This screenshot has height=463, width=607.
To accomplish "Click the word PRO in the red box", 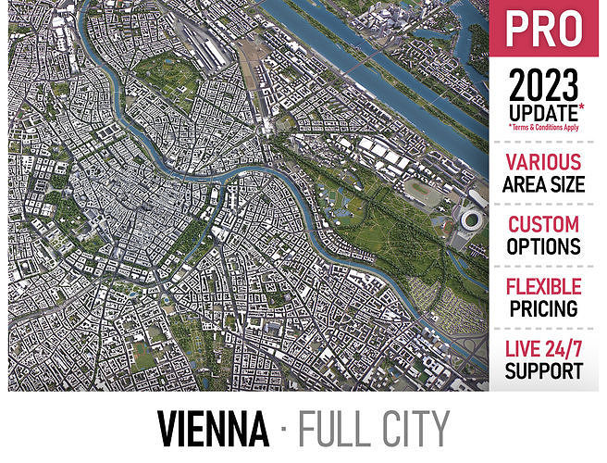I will pos(543,30).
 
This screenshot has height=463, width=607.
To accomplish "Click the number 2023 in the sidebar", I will pos(543,87).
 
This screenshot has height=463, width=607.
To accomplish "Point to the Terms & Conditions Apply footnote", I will pos(546,128).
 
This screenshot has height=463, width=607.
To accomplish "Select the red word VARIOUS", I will pos(543,163).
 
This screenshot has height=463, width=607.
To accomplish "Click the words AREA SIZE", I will pos(543,184).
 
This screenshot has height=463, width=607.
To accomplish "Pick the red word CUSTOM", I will pos(543,225).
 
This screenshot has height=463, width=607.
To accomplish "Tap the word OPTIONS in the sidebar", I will pos(543,247).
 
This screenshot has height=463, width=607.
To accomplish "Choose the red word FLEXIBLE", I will pos(543,287).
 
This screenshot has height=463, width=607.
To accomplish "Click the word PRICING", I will pos(543,308).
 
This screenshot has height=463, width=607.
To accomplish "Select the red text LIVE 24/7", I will pos(543,350).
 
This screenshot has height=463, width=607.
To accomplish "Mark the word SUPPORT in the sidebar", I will pos(543,371).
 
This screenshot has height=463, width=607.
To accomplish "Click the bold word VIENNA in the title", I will pos(213,428).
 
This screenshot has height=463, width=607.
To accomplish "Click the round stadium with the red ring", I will pos(471,222).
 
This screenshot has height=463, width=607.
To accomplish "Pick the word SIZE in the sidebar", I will pos(569,184).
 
